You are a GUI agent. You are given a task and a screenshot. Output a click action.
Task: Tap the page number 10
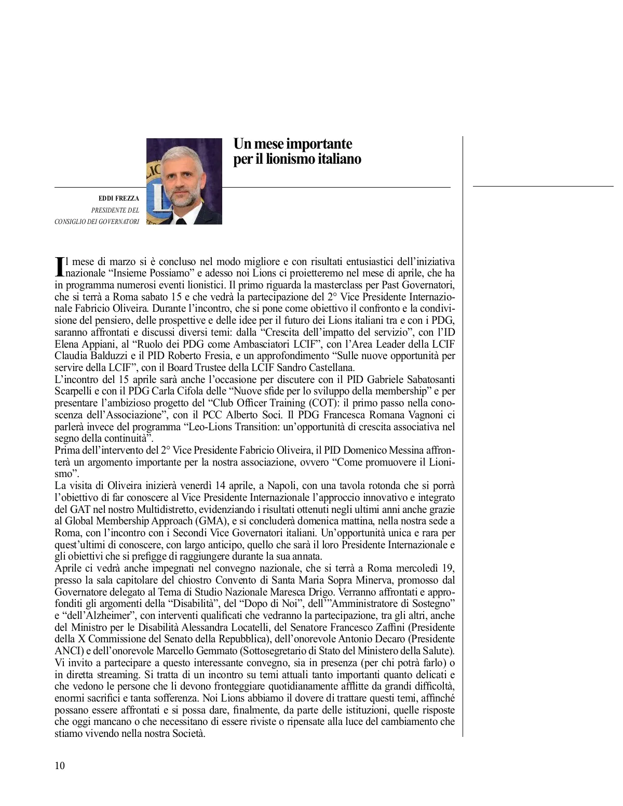[60, 765]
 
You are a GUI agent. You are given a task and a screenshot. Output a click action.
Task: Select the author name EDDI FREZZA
[119, 199]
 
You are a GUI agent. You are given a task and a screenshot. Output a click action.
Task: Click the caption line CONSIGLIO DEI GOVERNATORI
[97, 222]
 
